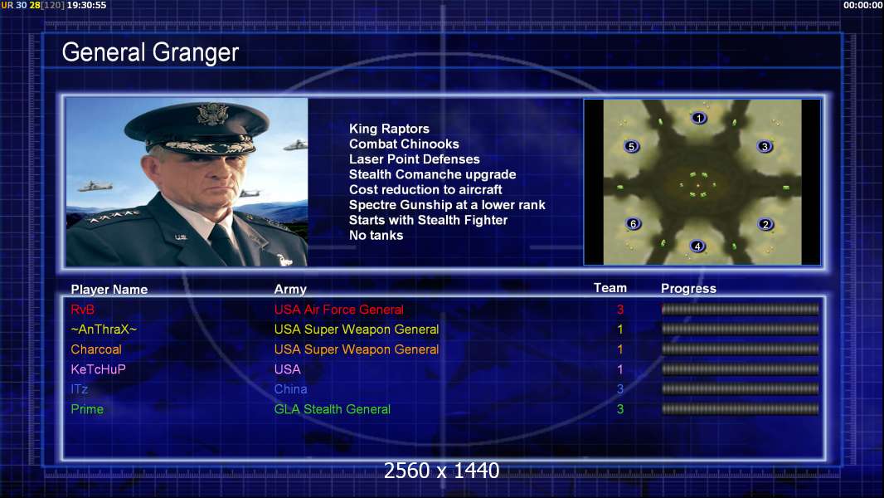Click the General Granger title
coord(151,52)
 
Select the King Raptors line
coord(389,129)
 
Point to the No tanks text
coord(376,235)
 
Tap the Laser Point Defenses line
coord(415,159)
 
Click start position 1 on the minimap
coord(699,118)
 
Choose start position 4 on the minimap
coord(697,246)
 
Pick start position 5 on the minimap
coord(631,147)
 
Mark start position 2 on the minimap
coord(765,224)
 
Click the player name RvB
coord(82,310)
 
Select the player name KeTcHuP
coord(98,369)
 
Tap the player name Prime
coord(87,409)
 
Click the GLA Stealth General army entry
coord(332,409)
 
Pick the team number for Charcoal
coord(620,349)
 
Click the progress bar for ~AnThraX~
coord(740,330)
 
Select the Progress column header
coord(688,289)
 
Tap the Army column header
coord(290,290)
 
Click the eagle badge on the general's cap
coord(212,114)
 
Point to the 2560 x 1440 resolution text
coord(441,471)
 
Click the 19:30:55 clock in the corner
coord(86,5)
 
